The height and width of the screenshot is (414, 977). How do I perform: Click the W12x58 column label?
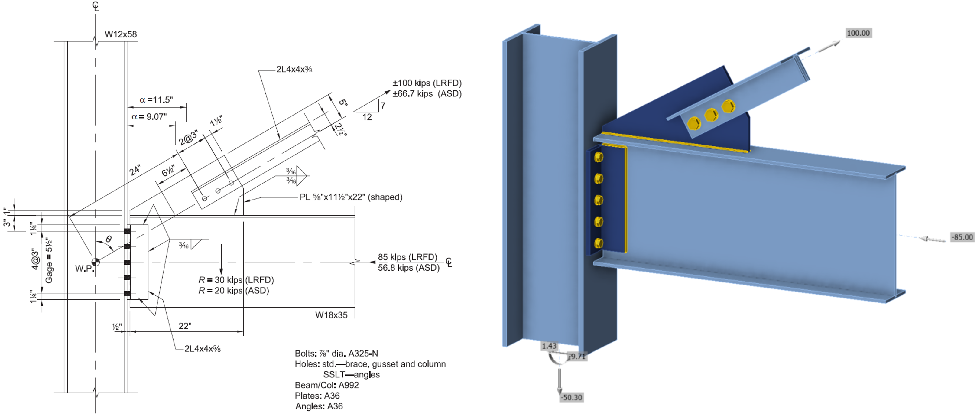[121, 34]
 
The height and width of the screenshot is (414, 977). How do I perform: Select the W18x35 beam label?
[331, 315]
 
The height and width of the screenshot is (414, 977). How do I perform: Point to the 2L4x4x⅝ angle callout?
[203, 349]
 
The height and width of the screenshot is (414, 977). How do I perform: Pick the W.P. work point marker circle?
[96, 262]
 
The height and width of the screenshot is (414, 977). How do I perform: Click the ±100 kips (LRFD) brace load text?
[427, 83]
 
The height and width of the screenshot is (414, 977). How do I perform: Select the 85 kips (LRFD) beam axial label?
[407, 257]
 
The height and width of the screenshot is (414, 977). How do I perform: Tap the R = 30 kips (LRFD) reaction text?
[236, 280]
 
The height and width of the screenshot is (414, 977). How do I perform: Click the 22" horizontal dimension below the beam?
[185, 326]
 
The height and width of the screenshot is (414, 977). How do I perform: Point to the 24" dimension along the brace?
[135, 170]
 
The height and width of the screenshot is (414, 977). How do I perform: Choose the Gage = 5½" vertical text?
[49, 260]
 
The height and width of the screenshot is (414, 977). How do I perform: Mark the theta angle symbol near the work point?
[109, 240]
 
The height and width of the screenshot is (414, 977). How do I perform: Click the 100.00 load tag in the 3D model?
[858, 33]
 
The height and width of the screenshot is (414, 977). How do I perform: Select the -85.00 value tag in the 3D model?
[962, 237]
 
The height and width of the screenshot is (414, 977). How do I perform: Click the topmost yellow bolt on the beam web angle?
[599, 157]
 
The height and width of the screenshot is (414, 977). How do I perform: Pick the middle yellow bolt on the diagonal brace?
[711, 115]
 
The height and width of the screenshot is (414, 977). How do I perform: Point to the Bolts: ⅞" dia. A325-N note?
[336, 354]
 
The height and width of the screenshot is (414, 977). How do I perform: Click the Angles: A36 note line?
[319, 406]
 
